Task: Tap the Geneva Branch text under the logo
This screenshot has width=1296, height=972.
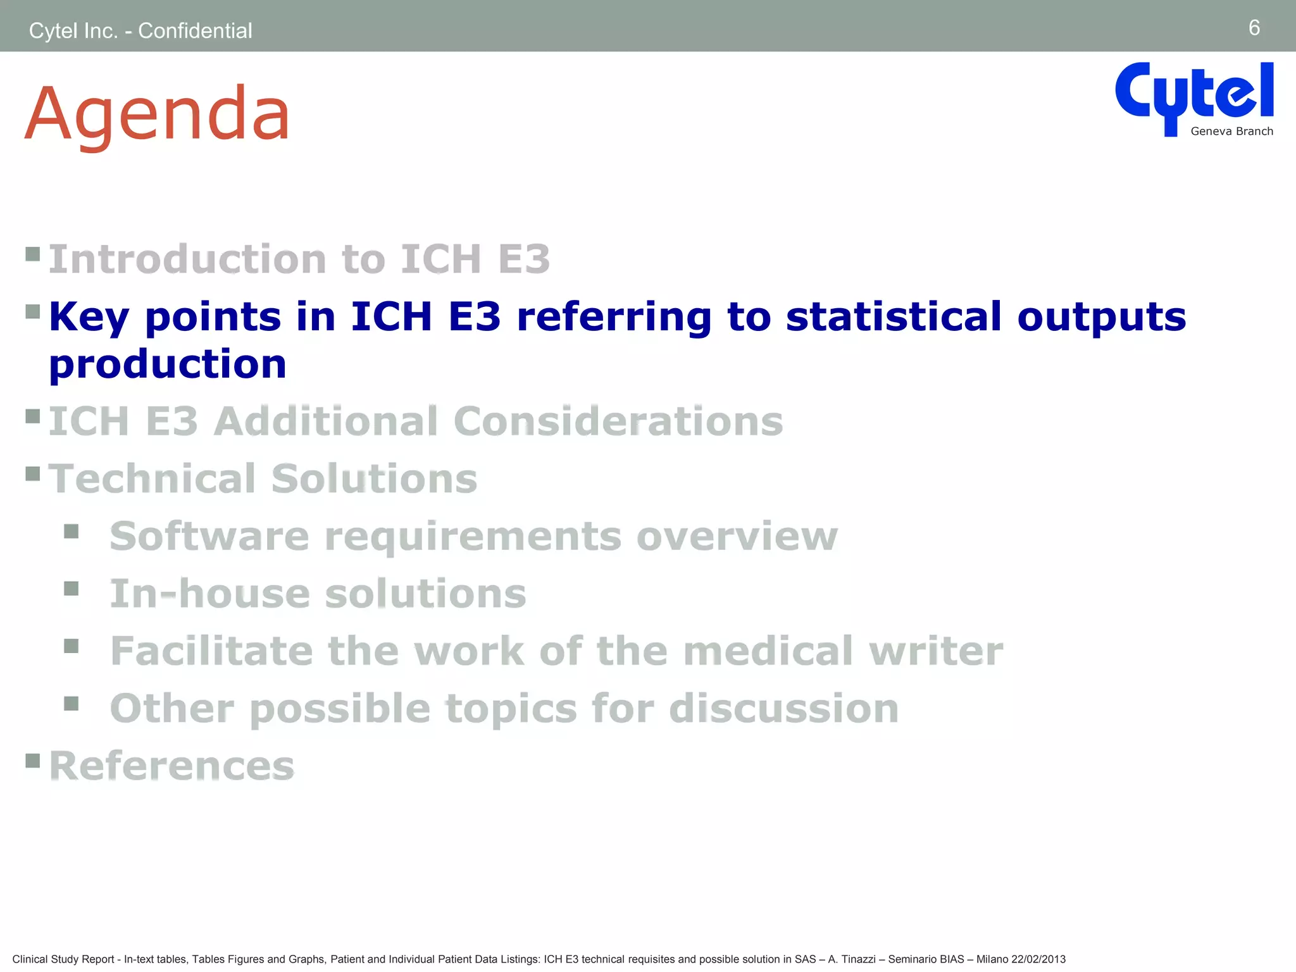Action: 1231,132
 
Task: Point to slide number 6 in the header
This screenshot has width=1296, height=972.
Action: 1254,28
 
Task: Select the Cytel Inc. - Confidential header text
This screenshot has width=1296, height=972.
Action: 140,30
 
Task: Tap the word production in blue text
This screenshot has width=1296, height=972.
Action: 168,364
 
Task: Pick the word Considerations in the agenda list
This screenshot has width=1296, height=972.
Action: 618,421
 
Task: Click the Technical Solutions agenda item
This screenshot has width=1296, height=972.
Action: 263,479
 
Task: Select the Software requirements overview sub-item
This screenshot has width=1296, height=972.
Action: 473,537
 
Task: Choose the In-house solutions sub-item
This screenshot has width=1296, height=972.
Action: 318,594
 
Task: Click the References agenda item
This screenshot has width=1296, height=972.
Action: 171,766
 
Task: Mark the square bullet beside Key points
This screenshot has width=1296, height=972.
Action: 33,311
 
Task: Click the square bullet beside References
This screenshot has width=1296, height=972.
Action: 33,760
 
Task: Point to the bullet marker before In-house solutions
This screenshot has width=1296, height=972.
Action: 72,589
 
